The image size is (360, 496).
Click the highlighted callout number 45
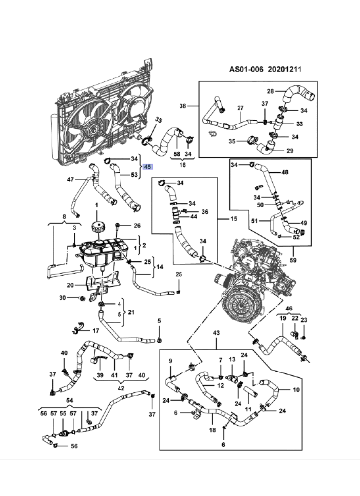click(147, 167)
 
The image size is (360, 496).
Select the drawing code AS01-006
click(245, 70)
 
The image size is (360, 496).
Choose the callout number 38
click(182, 106)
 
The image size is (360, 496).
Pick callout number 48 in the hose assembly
click(285, 172)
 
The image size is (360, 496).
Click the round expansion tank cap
click(97, 229)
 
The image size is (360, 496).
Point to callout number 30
click(62, 298)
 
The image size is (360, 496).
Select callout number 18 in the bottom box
click(212, 430)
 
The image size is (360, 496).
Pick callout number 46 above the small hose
click(289, 308)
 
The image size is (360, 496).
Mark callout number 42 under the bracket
click(121, 389)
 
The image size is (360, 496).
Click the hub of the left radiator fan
click(92, 130)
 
